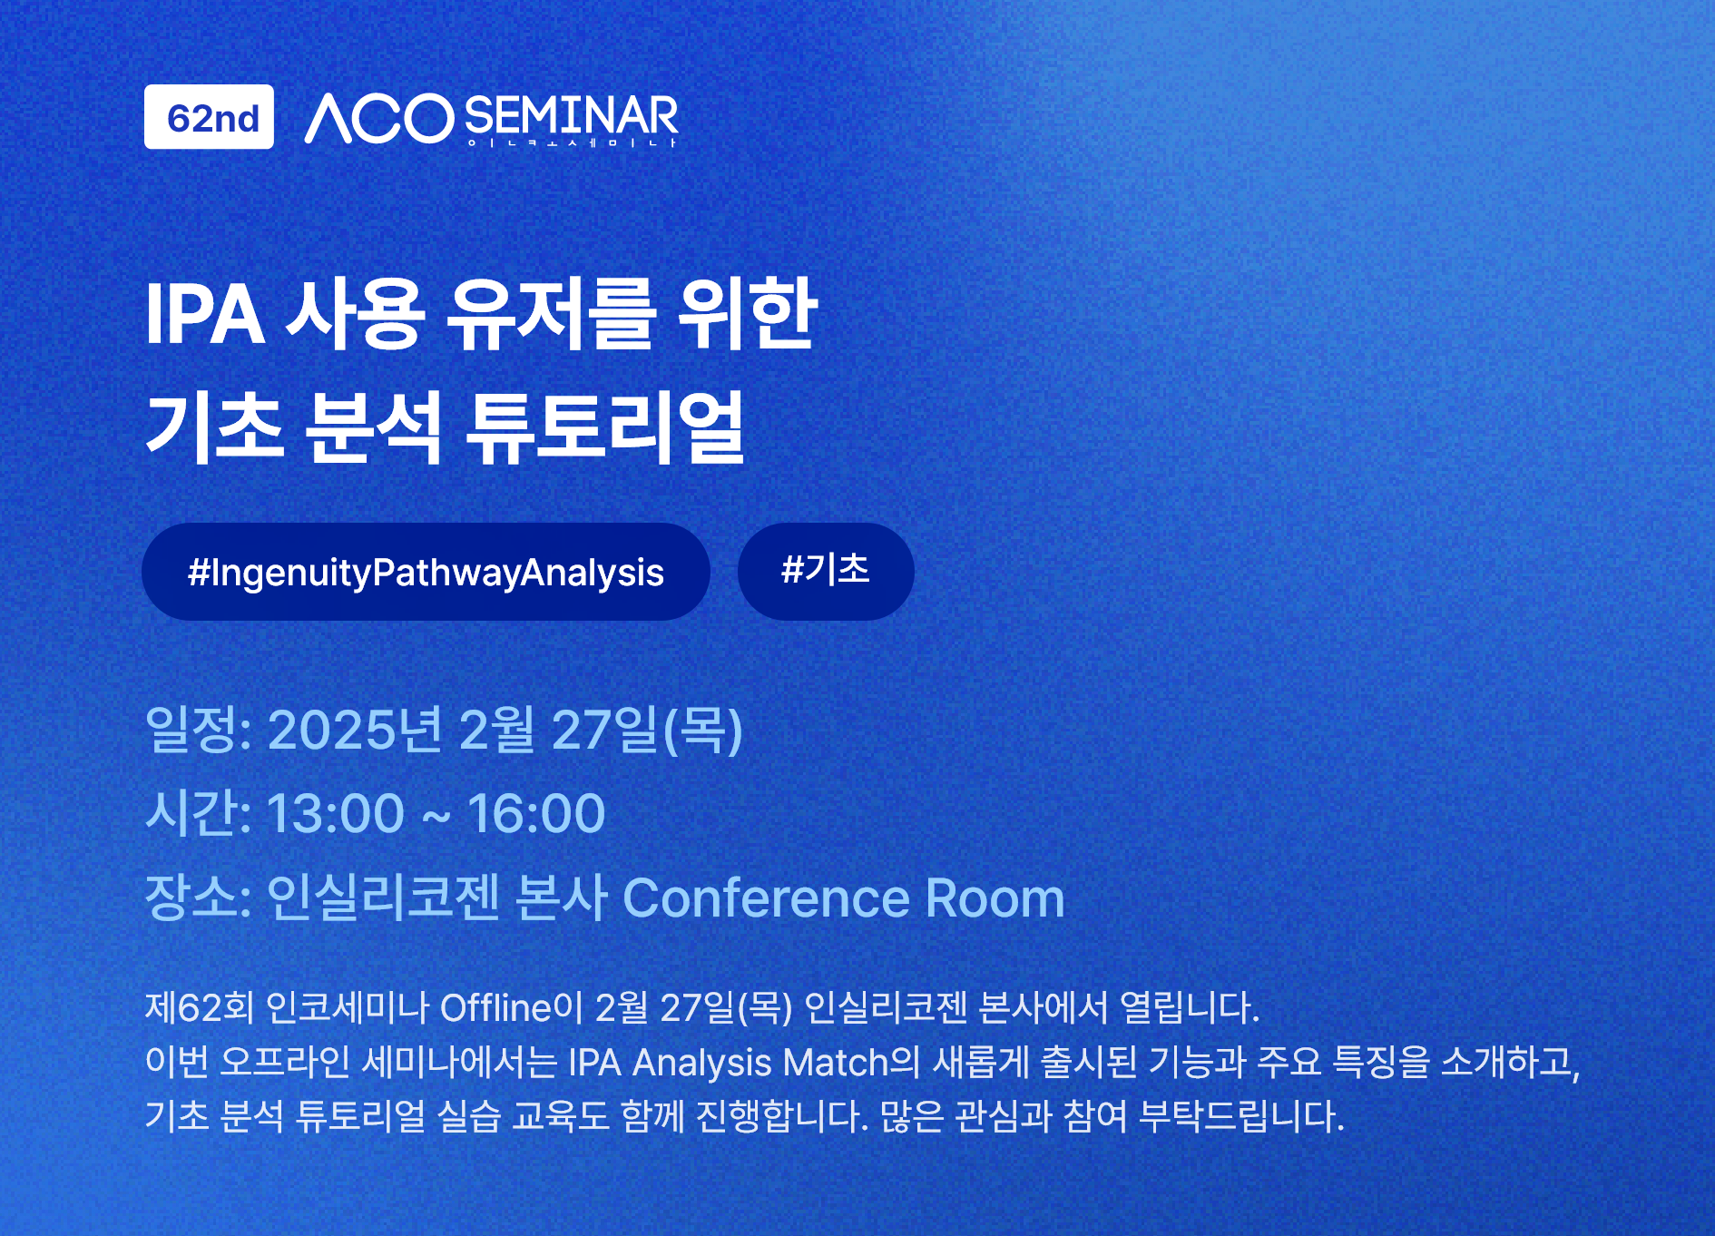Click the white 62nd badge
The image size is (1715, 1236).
pyautogui.click(x=209, y=117)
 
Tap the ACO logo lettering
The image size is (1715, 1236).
pyautogui.click(x=379, y=118)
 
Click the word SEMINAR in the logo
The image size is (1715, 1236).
pyautogui.click(x=572, y=115)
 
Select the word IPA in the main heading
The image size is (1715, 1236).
pyautogui.click(x=205, y=314)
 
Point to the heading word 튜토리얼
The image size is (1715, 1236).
pyautogui.click(x=604, y=427)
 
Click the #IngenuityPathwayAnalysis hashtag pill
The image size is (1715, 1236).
pyautogui.click(x=426, y=572)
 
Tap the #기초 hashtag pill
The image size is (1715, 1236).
pyautogui.click(x=826, y=572)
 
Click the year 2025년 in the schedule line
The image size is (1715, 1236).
pyautogui.click(x=355, y=730)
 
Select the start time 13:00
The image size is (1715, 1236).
pyautogui.click(x=336, y=813)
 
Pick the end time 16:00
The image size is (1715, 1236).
pyautogui.click(x=536, y=813)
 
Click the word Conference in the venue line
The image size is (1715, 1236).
pyautogui.click(x=767, y=898)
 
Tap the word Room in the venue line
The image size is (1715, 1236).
pyautogui.click(x=995, y=898)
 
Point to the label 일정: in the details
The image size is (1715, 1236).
pyautogui.click(x=199, y=730)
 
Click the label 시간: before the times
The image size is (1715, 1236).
pyautogui.click(x=199, y=813)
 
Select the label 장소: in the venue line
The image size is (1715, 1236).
pyautogui.click(x=199, y=898)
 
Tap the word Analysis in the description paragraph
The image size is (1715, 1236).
pyautogui.click(x=702, y=1063)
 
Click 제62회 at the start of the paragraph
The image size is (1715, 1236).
pyautogui.click(x=200, y=1008)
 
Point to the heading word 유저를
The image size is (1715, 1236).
pyautogui.click(x=550, y=314)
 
